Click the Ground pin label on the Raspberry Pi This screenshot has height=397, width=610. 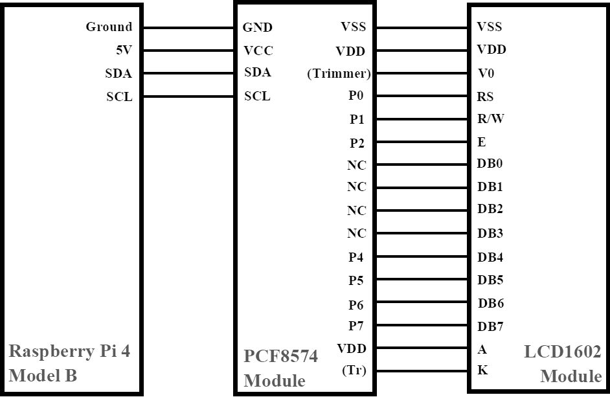[x=109, y=27]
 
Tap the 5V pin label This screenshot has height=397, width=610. [x=124, y=51]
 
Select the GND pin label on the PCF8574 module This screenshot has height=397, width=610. [x=257, y=27]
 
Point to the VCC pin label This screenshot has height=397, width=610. [x=258, y=51]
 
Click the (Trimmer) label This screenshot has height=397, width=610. [x=339, y=74]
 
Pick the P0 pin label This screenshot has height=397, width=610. [x=356, y=95]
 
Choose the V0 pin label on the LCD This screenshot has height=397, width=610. [x=486, y=73]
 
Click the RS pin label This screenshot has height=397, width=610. [x=485, y=96]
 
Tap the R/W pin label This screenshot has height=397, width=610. [x=491, y=119]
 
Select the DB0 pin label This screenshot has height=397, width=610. [x=490, y=163]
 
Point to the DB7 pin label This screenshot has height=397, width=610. [x=490, y=326]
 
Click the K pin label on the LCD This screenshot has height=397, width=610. [x=482, y=370]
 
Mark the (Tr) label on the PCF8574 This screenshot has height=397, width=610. [x=354, y=370]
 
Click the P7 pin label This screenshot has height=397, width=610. [x=356, y=325]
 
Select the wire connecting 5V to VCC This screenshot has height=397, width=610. [x=188, y=51]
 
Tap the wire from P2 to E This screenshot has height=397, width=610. [x=422, y=142]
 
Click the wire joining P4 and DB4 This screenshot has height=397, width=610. [x=422, y=256]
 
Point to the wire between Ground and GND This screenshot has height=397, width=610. [x=188, y=28]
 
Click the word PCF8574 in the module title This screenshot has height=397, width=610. [x=280, y=356]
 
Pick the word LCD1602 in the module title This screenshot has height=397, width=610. [x=563, y=352]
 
